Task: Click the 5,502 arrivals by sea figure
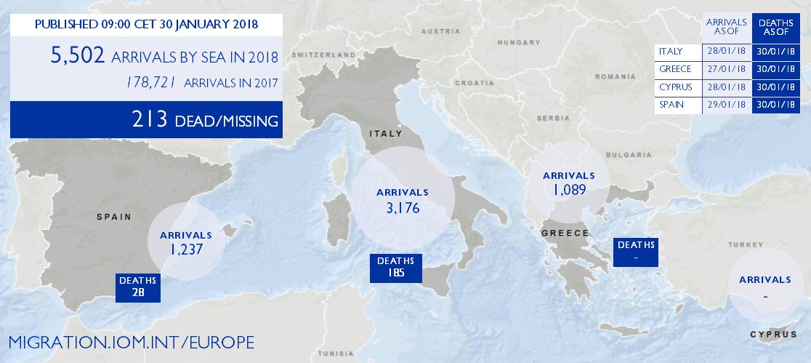coord(78,55)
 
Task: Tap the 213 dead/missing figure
coord(150,120)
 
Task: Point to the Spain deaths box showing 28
coord(138,286)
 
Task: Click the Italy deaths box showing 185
coord(395,268)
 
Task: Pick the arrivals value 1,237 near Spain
coord(185,249)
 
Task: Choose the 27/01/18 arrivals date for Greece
coord(727,70)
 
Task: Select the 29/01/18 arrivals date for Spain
coord(727,105)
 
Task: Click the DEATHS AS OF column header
coord(776,28)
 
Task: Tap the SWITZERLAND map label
coord(323,55)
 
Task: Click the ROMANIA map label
coord(615,76)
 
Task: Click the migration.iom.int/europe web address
coord(132,341)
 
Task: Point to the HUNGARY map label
coord(516,43)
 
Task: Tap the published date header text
coord(145,25)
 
